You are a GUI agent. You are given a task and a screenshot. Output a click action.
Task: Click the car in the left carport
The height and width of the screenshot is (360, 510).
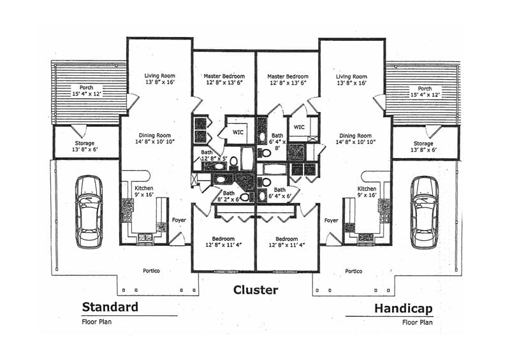(89, 212)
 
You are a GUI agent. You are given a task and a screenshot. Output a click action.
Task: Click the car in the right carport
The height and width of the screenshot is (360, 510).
(424, 212)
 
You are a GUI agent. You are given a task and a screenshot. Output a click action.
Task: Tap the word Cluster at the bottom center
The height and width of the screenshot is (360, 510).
(255, 290)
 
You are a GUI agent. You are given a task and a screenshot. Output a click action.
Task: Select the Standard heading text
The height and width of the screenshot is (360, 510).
(110, 307)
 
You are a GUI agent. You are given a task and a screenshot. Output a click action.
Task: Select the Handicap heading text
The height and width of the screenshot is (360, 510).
(403, 309)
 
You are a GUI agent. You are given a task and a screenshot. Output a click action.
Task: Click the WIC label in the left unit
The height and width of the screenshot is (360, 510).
(238, 133)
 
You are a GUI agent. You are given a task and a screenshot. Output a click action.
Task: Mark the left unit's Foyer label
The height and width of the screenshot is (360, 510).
(179, 220)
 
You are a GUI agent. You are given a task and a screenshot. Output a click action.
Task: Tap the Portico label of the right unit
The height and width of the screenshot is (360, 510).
(354, 271)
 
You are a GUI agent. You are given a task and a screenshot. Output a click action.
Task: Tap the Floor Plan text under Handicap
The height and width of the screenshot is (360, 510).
(418, 322)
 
